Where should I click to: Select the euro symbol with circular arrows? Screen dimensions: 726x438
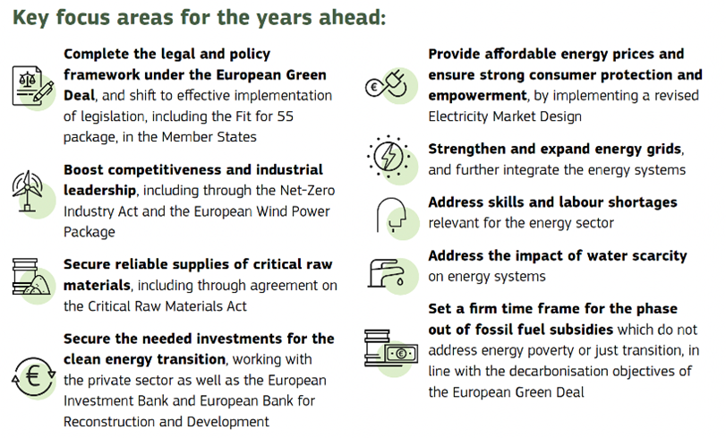point(33,376)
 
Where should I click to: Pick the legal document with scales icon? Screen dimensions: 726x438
point(32,86)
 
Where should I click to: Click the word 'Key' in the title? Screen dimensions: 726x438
point(30,18)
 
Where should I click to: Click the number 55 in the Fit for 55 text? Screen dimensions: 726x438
point(286,116)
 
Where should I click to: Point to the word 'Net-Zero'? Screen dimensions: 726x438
point(307,190)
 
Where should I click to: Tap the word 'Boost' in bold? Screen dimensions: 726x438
point(83,169)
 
